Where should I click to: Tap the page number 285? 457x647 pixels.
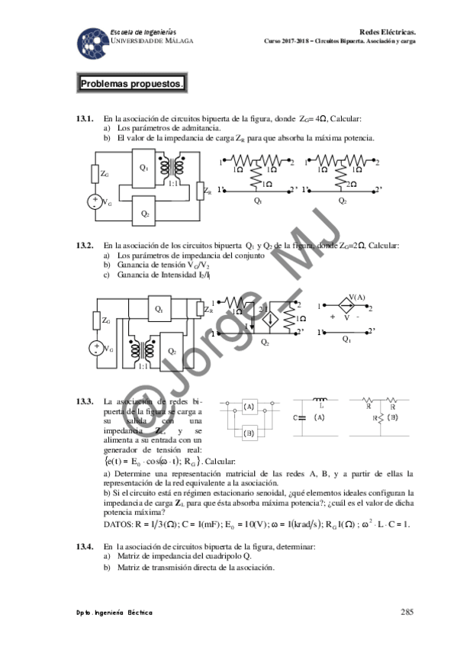407,611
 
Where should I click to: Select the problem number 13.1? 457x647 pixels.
84,119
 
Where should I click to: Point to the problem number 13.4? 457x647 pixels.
84,546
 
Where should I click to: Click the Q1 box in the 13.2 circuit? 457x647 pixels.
158,309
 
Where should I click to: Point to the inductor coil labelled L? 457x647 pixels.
320,401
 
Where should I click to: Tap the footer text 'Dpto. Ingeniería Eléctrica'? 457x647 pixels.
110,612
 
